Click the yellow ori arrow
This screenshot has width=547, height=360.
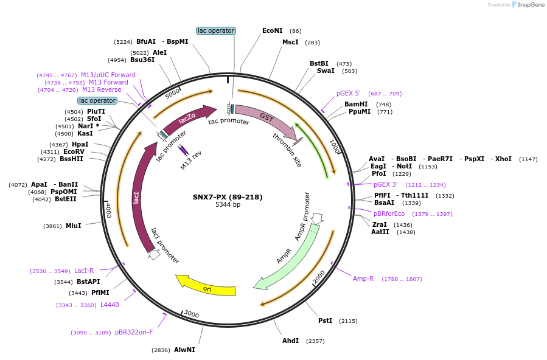tap(207, 286)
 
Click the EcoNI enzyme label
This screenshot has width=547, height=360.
tap(272, 30)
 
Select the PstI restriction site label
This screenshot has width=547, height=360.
tap(326, 320)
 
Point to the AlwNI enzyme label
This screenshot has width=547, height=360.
tap(184, 350)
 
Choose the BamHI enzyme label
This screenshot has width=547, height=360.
tap(356, 104)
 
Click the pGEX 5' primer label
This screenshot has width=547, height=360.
tap(349, 94)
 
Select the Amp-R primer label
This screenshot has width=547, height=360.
tap(363, 279)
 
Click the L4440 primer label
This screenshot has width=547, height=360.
tap(110, 305)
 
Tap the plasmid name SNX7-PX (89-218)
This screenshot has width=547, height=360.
tap(228, 197)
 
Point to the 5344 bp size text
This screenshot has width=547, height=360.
tap(228, 205)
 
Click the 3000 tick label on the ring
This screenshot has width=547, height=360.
tap(191, 314)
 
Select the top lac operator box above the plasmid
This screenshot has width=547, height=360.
tap(216, 30)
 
